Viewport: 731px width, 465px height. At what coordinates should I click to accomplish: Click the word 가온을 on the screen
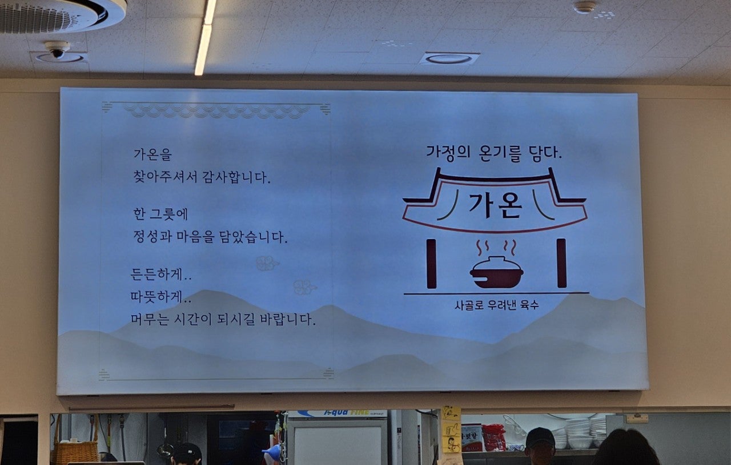coord(152,155)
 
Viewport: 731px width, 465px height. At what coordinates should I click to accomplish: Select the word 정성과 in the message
coord(152,237)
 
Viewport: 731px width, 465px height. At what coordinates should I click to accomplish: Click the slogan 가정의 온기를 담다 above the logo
coord(494,153)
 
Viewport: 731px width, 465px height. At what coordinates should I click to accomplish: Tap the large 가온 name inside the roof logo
coord(495,205)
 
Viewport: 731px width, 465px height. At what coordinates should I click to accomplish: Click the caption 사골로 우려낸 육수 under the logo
coord(496,305)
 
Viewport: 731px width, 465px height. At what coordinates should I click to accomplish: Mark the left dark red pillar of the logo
coord(431,263)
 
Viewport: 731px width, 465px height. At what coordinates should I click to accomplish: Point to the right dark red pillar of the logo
coord(561,263)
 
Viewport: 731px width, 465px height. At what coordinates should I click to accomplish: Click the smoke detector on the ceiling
coord(585,7)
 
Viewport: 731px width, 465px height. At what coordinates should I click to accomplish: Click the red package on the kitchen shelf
coord(493,438)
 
